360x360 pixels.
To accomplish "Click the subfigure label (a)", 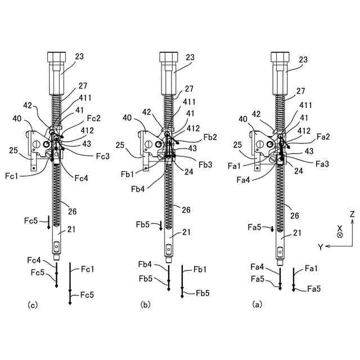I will tap(257, 305).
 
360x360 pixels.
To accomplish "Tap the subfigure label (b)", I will tap(146, 305).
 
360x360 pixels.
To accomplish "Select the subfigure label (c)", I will tap(33, 305).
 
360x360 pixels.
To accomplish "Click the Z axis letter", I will tap(352, 214).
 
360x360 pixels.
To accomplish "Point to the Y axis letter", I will tap(319, 246).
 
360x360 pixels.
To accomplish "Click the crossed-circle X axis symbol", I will tap(340, 235).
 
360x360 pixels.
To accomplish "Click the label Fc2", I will tap(93, 119).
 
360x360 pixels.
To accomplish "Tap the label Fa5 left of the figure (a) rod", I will tap(254, 227).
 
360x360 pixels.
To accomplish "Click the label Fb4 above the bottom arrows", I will tap(145, 264).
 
